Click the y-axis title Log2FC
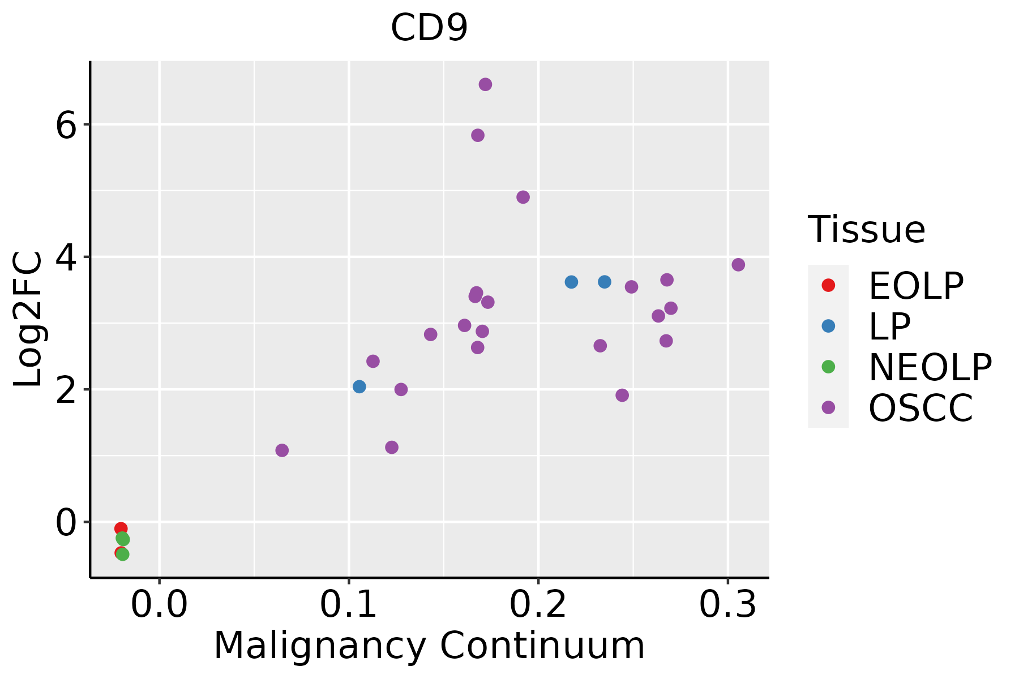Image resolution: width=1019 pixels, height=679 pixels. (x=28, y=319)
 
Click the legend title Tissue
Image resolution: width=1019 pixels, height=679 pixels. (x=866, y=230)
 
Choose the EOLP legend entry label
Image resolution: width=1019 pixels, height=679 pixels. (x=915, y=286)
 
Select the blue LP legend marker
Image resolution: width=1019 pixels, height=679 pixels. (x=828, y=326)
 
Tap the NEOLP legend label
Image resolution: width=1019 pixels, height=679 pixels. (x=930, y=367)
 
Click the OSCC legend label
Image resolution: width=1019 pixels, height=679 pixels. (x=920, y=408)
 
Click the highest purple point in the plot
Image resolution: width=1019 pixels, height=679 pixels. (x=485, y=84)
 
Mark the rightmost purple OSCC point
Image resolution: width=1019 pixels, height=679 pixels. (x=738, y=265)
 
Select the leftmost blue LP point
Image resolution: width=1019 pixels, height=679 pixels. (x=359, y=386)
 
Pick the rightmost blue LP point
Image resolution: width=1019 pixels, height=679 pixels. (x=605, y=282)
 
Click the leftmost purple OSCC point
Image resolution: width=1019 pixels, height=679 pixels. (x=282, y=450)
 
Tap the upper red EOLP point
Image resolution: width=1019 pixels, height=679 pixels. (x=120, y=528)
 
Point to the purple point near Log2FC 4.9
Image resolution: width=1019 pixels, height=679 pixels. (x=523, y=197)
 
